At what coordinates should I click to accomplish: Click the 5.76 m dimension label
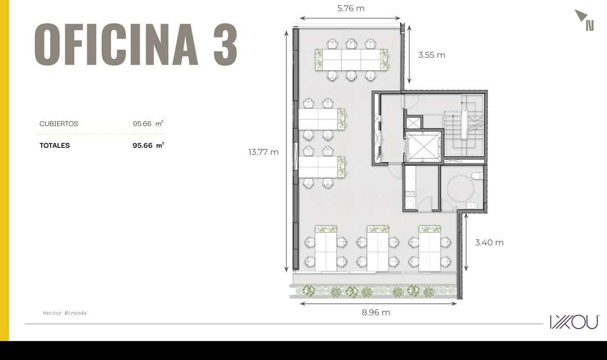point(351,8)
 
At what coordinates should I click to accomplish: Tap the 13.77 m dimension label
point(263,152)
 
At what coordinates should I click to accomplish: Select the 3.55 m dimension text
point(432,55)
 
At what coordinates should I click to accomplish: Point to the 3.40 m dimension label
point(490,243)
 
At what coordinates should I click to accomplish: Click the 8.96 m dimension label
point(376,312)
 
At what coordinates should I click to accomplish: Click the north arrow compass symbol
point(585,20)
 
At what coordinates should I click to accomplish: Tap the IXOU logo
point(574,322)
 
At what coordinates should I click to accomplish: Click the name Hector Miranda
point(65,313)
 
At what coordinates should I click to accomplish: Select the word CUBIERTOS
point(59,124)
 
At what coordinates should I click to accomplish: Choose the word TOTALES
point(55,145)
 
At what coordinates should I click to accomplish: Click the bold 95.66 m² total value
point(148,145)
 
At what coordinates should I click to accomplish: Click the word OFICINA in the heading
point(116,44)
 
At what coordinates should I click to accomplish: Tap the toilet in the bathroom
point(478,176)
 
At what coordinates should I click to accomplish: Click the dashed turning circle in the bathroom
point(460,188)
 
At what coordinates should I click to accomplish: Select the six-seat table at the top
point(351,59)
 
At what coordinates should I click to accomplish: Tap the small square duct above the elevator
point(413,124)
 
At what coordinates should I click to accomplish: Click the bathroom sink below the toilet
point(471,206)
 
